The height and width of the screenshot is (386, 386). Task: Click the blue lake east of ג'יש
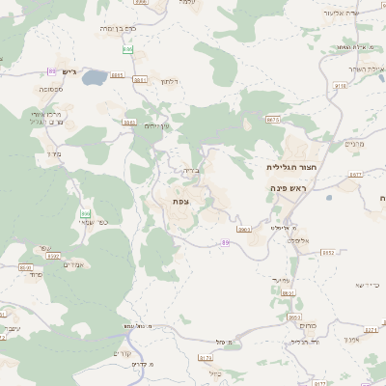click(94, 76)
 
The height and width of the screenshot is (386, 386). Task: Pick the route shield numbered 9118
click(340, 85)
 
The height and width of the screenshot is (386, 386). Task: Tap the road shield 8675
click(273, 120)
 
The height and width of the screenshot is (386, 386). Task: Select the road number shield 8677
click(355, 175)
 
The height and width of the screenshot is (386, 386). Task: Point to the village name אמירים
click(74, 265)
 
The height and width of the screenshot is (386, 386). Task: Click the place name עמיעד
click(279, 280)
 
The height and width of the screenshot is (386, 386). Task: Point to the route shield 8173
click(207, 357)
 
